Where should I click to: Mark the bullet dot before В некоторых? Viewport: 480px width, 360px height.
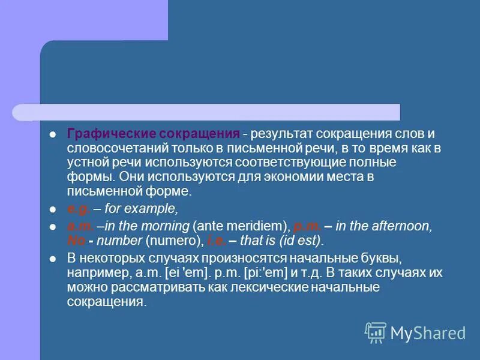point(53,259)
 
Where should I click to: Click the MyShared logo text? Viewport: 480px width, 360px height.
point(427,333)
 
